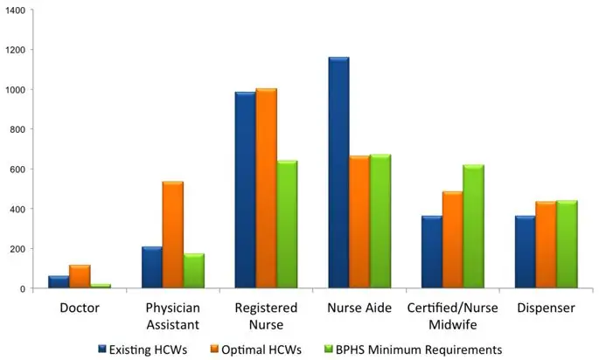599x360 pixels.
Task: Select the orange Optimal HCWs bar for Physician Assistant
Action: point(172,235)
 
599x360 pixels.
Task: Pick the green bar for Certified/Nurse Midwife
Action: point(473,226)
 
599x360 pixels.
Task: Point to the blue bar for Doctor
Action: point(59,282)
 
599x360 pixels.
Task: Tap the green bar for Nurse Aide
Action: point(380,222)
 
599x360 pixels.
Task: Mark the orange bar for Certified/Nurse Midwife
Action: point(452,240)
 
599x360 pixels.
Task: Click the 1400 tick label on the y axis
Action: point(16,10)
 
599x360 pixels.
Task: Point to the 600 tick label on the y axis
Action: point(18,170)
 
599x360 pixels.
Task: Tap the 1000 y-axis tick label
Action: point(16,89)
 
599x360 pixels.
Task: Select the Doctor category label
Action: point(80,308)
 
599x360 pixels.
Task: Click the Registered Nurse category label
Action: point(266,315)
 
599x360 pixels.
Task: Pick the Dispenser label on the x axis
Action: point(545,308)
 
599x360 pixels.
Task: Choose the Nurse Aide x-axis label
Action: point(359,308)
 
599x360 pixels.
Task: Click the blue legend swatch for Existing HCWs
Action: point(102,350)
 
